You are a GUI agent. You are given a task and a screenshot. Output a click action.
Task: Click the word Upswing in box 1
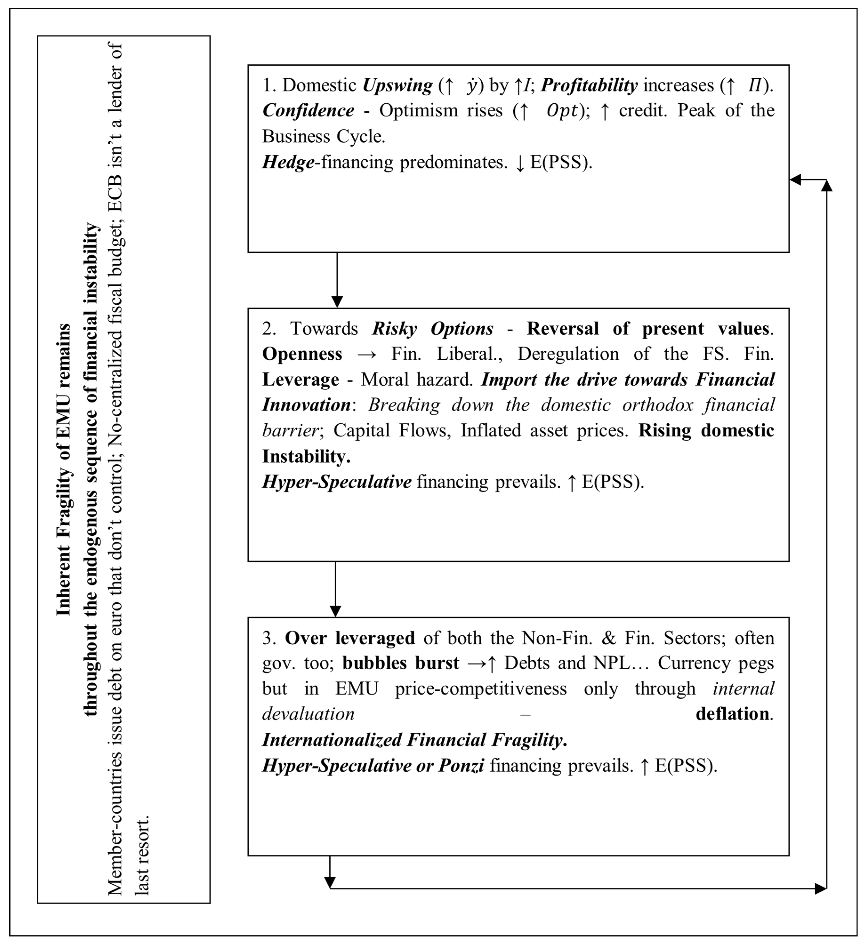click(x=397, y=85)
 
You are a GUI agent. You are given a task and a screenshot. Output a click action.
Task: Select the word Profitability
click(x=589, y=85)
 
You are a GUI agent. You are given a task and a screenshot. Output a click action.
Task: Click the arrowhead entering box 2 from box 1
click(x=337, y=302)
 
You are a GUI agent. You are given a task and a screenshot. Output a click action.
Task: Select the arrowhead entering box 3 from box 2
click(x=335, y=611)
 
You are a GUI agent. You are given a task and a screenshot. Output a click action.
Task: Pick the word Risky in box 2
click(x=394, y=328)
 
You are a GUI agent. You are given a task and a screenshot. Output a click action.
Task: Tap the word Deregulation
click(x=568, y=354)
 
